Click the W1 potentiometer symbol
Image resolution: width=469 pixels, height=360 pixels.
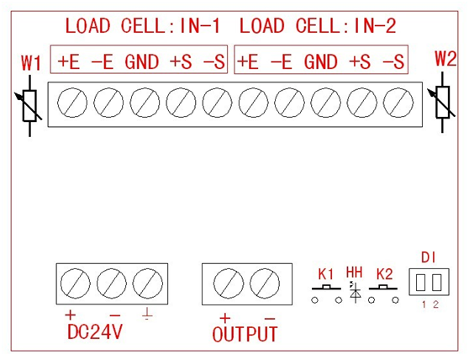(x=29, y=106)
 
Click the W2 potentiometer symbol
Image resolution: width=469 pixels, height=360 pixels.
(x=442, y=103)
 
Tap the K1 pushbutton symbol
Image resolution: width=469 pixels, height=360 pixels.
(x=326, y=294)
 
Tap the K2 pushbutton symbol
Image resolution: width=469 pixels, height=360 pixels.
(x=383, y=294)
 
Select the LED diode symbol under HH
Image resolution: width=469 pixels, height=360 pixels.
(x=355, y=292)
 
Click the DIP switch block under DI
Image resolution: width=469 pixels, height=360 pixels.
(x=429, y=282)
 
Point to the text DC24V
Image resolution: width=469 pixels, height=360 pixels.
(x=95, y=331)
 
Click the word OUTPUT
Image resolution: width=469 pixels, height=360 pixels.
(x=245, y=334)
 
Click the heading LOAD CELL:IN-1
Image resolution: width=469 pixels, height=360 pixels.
(x=143, y=26)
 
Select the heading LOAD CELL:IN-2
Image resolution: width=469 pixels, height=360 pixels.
(x=318, y=26)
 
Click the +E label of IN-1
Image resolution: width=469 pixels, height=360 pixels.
(x=69, y=62)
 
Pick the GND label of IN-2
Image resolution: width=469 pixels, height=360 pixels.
(x=321, y=62)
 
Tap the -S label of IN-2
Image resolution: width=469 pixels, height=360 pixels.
(x=393, y=62)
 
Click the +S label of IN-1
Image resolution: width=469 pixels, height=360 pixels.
(x=181, y=62)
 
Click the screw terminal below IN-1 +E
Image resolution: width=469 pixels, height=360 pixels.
(x=72, y=103)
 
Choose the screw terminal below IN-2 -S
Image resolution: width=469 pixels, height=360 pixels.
(x=398, y=103)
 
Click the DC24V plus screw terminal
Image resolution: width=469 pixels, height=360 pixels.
(x=76, y=283)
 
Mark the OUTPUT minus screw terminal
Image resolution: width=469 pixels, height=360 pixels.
(x=265, y=283)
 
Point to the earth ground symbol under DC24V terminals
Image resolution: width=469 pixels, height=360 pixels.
(x=147, y=314)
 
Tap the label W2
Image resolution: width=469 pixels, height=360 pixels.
(x=445, y=58)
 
